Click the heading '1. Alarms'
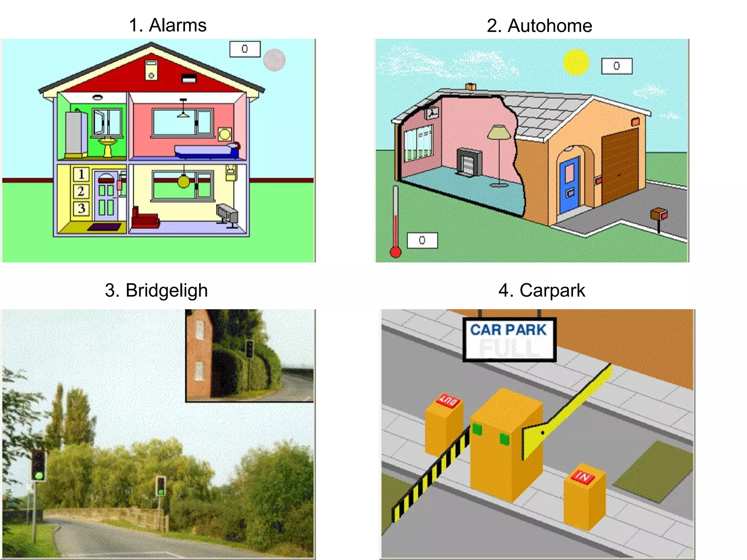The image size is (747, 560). click(168, 26)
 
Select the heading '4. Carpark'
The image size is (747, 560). click(542, 291)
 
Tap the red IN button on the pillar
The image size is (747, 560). click(583, 476)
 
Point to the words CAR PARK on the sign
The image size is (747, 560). click(508, 330)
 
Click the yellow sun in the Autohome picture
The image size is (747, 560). click(576, 62)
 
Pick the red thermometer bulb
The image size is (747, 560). click(395, 252)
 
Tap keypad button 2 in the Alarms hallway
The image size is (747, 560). click(81, 191)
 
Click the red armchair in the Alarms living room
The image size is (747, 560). click(144, 219)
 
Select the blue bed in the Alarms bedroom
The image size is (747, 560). click(206, 151)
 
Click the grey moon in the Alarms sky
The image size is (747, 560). click(274, 60)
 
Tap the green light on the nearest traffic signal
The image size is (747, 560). click(39, 475)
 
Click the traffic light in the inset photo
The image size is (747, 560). click(249, 349)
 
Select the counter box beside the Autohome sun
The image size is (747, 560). click(616, 66)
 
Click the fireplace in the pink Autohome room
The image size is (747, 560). click(469, 162)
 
